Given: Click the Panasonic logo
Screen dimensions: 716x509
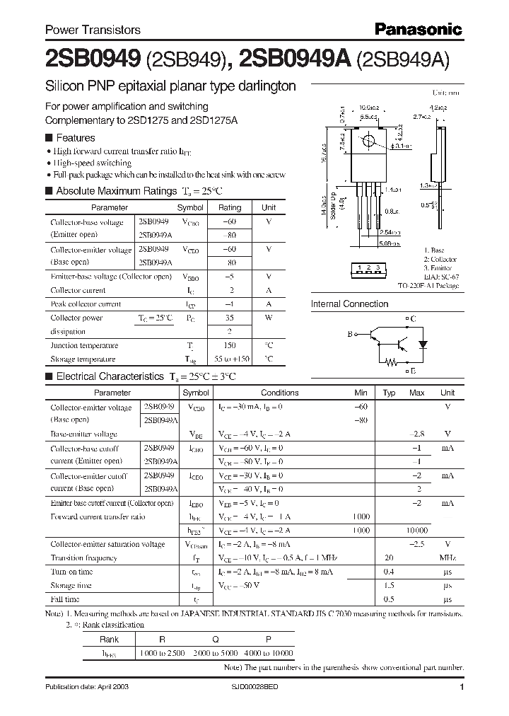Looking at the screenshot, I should point(418,29).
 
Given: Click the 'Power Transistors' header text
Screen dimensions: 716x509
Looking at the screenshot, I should point(93,30).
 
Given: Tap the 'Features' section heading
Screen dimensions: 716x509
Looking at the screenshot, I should point(76,137).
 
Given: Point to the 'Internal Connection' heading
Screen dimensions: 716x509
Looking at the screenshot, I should point(350,304).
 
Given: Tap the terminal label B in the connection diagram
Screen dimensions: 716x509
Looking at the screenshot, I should point(349,333).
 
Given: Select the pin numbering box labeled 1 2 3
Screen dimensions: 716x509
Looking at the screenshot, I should point(369,267).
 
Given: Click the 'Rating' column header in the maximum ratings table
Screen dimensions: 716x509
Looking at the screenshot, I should point(229,208).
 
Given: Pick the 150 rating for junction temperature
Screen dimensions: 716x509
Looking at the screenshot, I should point(229,345).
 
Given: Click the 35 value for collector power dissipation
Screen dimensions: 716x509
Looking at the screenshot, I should point(229,318).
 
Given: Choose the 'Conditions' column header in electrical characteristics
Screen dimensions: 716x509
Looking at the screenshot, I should point(279,393).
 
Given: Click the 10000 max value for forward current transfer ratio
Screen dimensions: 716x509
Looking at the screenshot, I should point(417,531).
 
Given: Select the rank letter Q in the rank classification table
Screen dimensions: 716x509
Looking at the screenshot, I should point(214,639).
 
